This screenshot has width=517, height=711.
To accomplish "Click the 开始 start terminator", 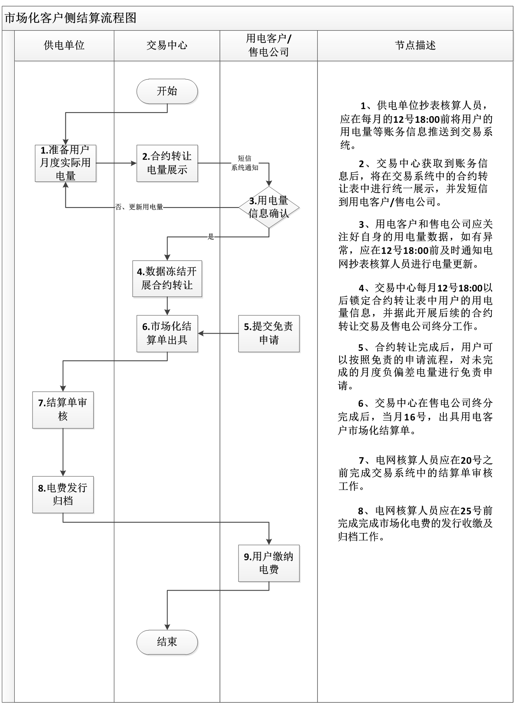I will [167, 91].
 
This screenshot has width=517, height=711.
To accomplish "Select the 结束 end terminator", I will [167, 642].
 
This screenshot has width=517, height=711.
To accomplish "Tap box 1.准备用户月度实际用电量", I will [65, 163].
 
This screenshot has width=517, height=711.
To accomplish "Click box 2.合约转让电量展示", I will [167, 163].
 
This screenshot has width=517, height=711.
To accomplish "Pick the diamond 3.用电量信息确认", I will [269, 207].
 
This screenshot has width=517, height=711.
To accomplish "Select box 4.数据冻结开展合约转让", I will [167, 279].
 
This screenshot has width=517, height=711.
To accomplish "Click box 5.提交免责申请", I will [269, 333].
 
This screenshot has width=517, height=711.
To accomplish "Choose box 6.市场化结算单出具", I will [167, 333].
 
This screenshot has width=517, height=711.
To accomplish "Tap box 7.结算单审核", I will [63, 409].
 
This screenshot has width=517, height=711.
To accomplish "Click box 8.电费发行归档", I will [63, 494].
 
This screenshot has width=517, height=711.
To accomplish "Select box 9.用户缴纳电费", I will [269, 563].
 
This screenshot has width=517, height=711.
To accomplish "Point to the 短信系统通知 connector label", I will [245, 163].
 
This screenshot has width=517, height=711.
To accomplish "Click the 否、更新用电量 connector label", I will [139, 207].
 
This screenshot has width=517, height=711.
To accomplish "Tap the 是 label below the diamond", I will [211, 237].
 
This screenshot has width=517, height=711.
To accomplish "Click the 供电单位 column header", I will [64, 46].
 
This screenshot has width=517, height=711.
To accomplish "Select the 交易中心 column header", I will [167, 46].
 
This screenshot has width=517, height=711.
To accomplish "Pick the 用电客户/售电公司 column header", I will [269, 46].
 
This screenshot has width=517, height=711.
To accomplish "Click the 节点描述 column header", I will [415, 46].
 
